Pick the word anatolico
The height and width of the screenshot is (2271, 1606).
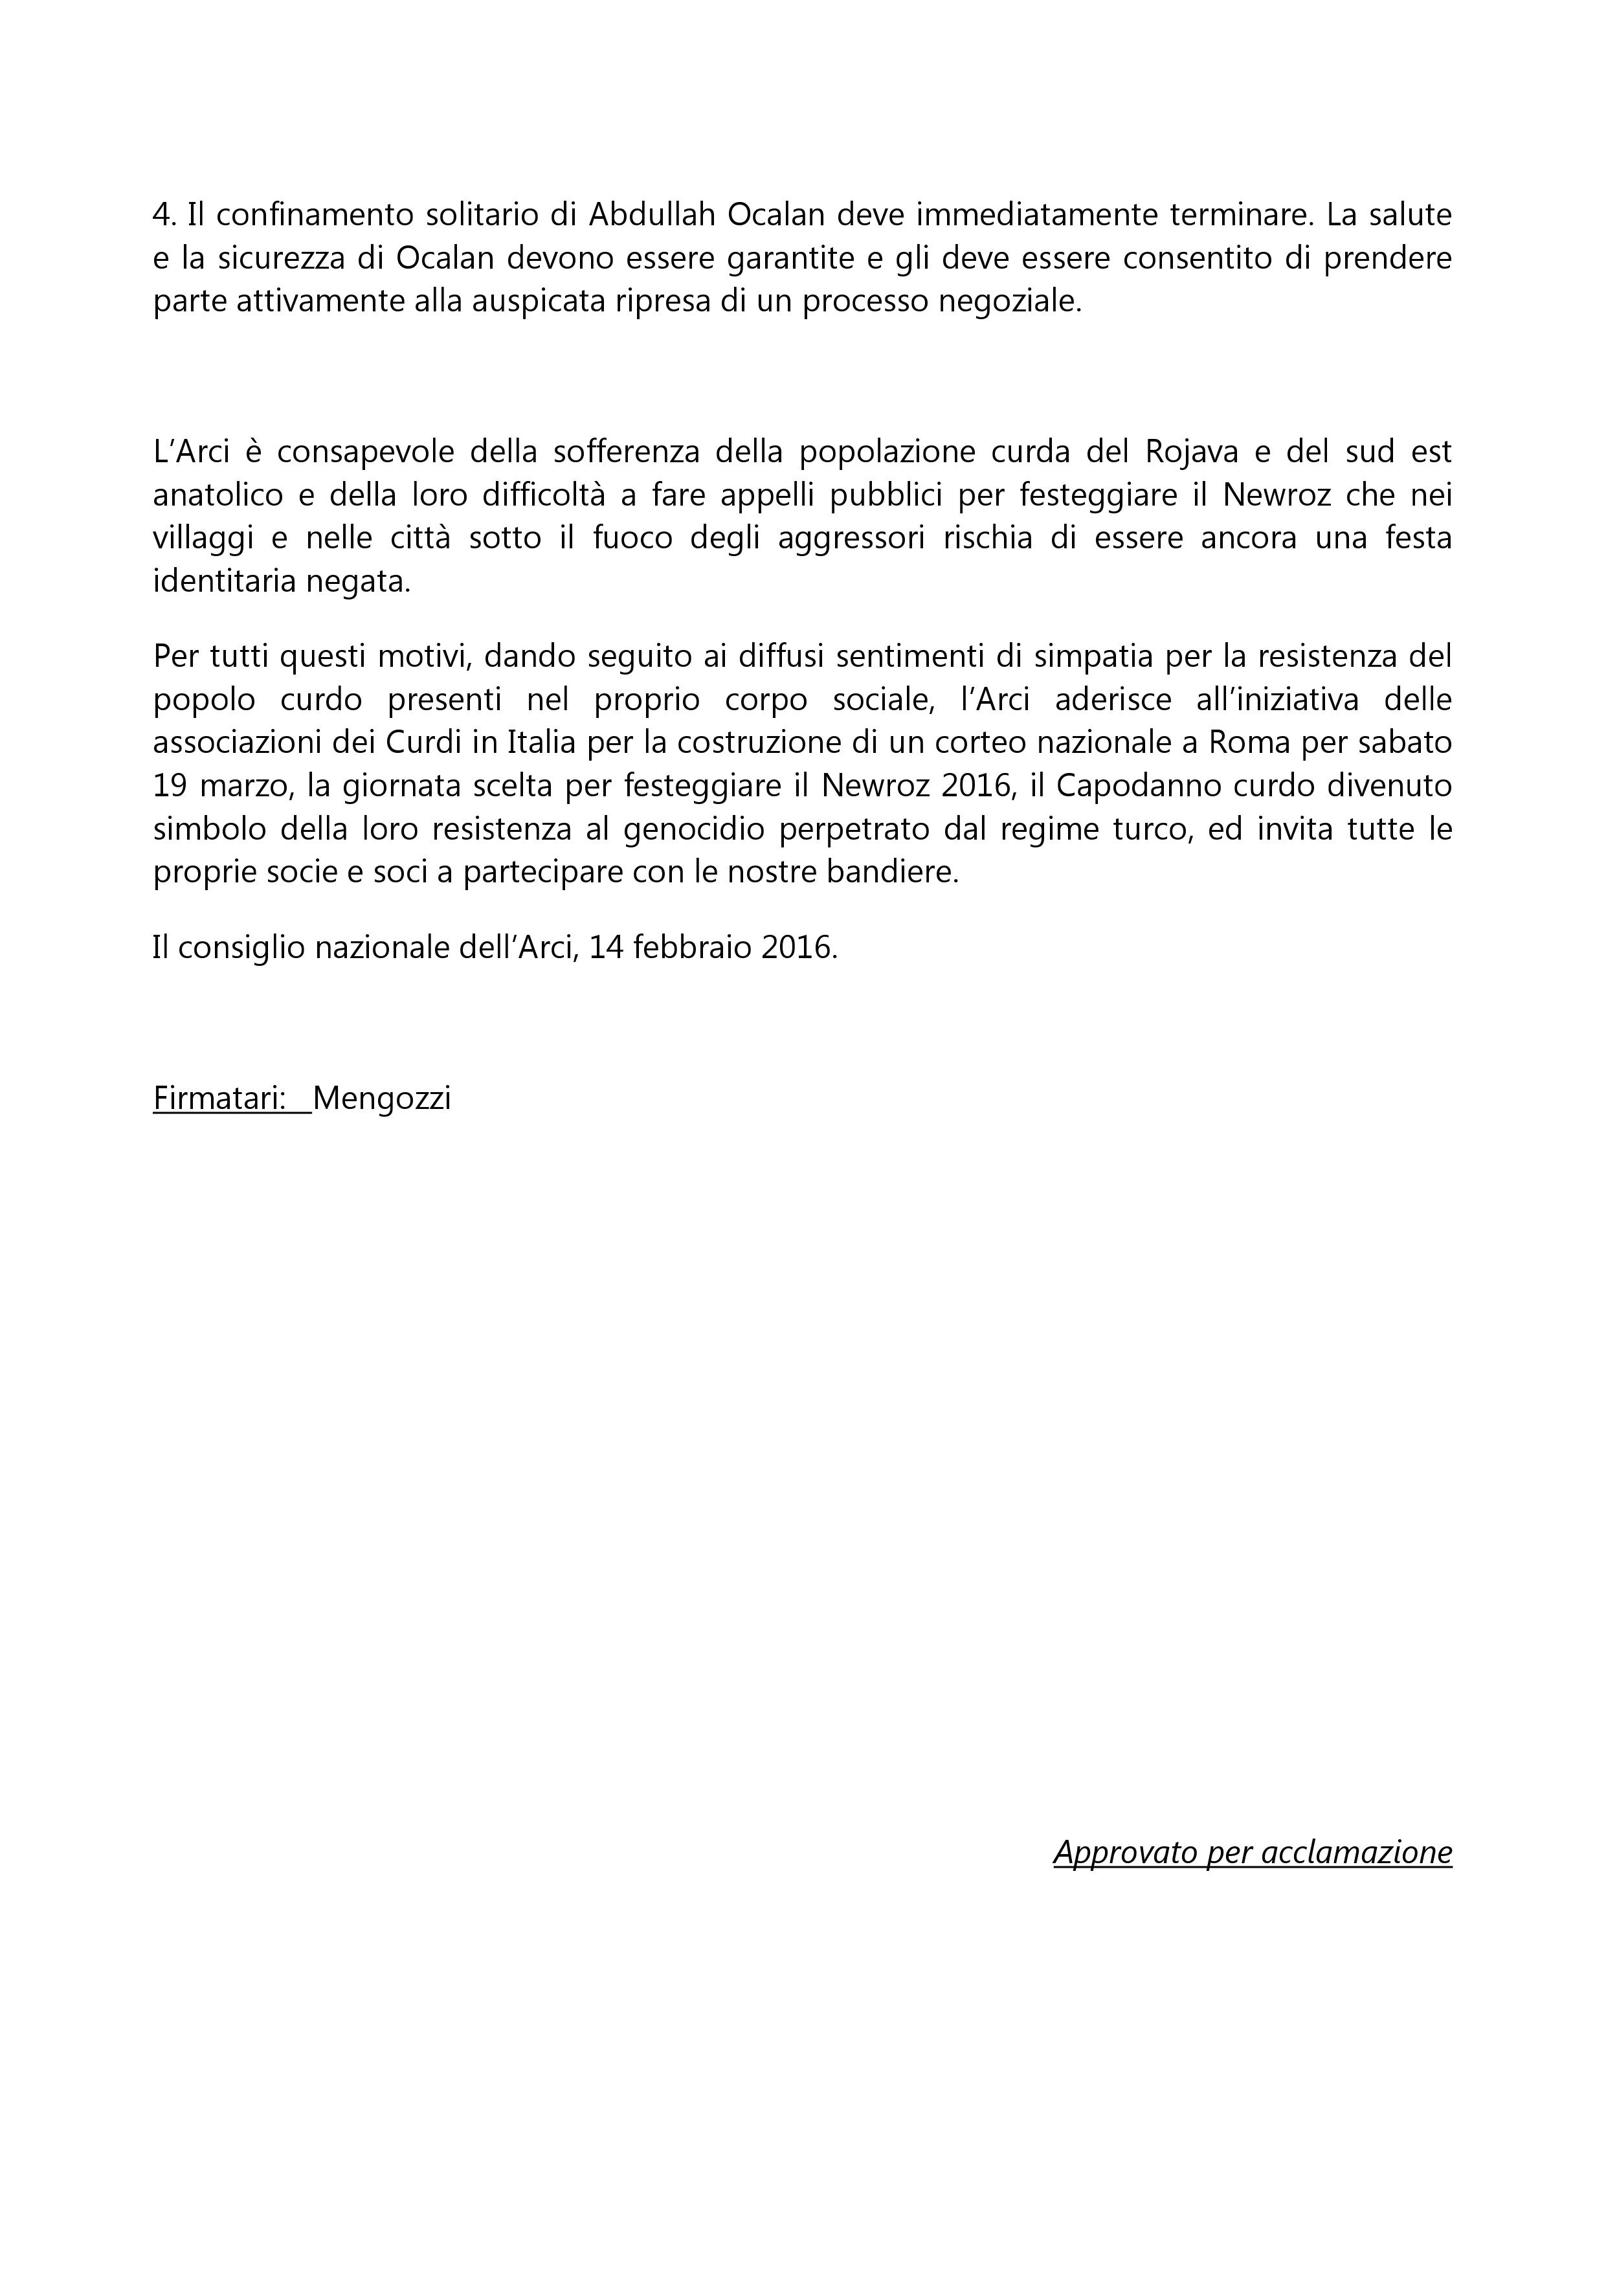214,495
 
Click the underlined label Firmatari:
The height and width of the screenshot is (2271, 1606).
219,1099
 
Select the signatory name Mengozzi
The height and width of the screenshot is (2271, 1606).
382,1099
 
